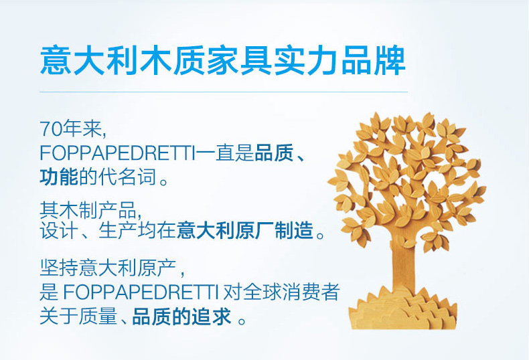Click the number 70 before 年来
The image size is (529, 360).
pyautogui.click(x=51, y=128)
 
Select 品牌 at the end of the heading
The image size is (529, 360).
pyautogui.click(x=373, y=62)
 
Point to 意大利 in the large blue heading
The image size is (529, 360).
pyautogui.click(x=90, y=62)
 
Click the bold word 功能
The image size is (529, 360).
pyautogui.click(x=59, y=177)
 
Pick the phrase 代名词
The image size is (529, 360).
pyautogui.click(x=127, y=177)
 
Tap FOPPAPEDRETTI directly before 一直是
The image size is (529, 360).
pyautogui.click(x=117, y=153)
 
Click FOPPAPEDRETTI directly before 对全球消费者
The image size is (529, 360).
pyautogui.click(x=140, y=292)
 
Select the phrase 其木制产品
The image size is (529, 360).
pyautogui.click(x=88, y=209)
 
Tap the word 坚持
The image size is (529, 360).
pyautogui.click(x=59, y=268)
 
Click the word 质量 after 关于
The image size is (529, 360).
pyautogui.click(x=98, y=317)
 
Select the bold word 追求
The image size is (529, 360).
pyautogui.click(x=211, y=317)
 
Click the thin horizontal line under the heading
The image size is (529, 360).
pyautogui.click(x=224, y=92)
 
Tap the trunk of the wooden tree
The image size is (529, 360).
pyautogui.click(x=404, y=266)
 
